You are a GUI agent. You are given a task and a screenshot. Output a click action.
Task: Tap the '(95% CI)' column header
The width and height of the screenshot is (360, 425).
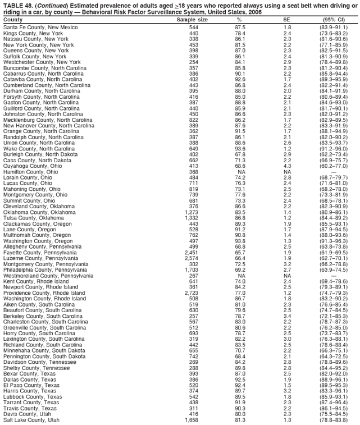tap(334, 20)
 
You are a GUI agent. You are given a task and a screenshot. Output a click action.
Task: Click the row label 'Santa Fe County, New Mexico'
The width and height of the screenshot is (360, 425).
tap(40, 27)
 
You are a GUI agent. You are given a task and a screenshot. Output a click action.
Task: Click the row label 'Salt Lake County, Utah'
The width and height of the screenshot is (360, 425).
tap(31, 419)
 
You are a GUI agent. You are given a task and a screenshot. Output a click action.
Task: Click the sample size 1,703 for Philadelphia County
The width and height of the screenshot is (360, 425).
tap(191, 269)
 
